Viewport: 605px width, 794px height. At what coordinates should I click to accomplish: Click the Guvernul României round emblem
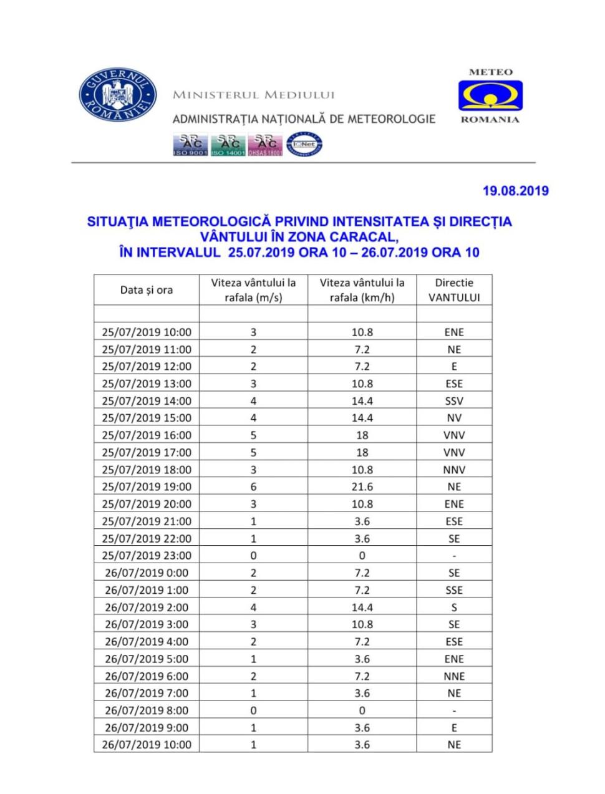pyautogui.click(x=117, y=97)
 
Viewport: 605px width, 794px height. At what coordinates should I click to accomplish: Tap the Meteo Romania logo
pyautogui.click(x=490, y=96)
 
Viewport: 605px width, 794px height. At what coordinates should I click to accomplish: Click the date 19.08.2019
pyautogui.click(x=515, y=191)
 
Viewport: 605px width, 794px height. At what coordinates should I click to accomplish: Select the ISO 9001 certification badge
pyautogui.click(x=190, y=145)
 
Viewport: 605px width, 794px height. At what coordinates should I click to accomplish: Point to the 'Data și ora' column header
pyautogui.click(x=147, y=290)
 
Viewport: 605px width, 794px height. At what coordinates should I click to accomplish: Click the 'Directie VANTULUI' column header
pyautogui.click(x=454, y=290)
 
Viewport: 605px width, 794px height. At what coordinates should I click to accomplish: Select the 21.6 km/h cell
pyautogui.click(x=362, y=487)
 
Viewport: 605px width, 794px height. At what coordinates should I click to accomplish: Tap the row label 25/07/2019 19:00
pyautogui.click(x=147, y=487)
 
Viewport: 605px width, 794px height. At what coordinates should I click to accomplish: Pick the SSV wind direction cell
pyautogui.click(x=454, y=401)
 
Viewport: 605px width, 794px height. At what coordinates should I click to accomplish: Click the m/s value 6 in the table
pyautogui.click(x=253, y=487)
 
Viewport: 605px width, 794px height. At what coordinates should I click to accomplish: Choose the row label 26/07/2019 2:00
pyautogui.click(x=147, y=607)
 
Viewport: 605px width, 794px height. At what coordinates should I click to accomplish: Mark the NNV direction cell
pyautogui.click(x=454, y=470)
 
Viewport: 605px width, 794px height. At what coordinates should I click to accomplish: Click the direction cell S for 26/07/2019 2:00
pyautogui.click(x=454, y=607)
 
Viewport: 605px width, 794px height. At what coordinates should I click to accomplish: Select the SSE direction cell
pyautogui.click(x=454, y=590)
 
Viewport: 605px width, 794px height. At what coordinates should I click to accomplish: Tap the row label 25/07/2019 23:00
pyautogui.click(x=147, y=555)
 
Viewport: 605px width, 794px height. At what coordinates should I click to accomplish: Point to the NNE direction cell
pyautogui.click(x=454, y=676)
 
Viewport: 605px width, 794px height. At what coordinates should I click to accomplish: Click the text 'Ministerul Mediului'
pyautogui.click(x=253, y=95)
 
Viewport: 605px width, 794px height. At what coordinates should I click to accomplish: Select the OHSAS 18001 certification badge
pyautogui.click(x=266, y=145)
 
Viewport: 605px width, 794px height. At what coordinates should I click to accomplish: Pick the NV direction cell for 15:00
pyautogui.click(x=454, y=418)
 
